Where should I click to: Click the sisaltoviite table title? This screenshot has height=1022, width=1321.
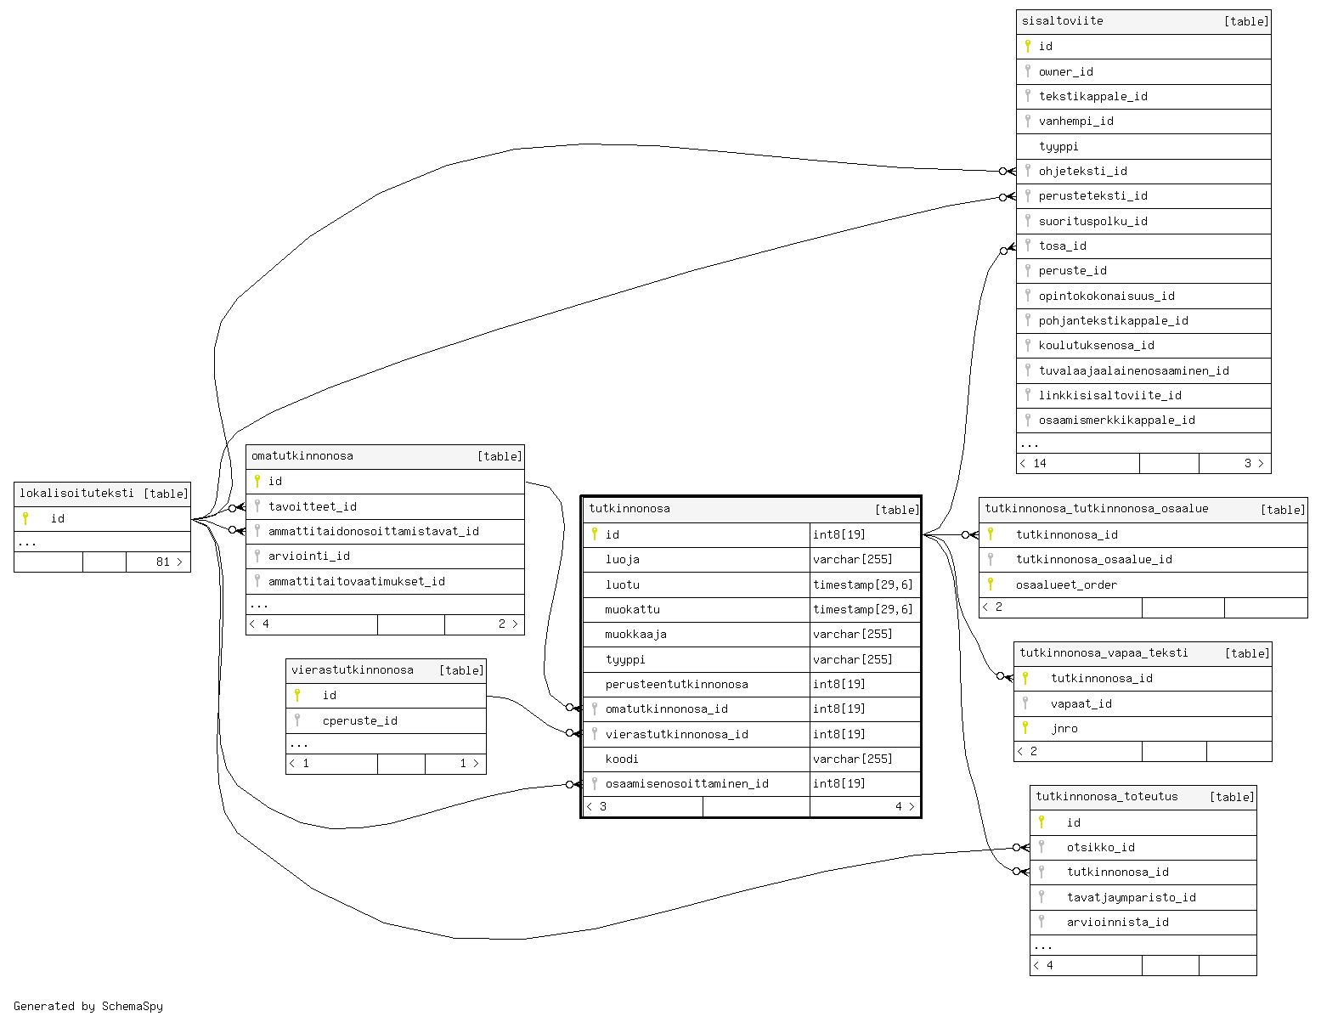1063,21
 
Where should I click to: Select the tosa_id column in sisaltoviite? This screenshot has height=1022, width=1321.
1062,246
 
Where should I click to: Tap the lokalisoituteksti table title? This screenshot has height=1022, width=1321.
76,493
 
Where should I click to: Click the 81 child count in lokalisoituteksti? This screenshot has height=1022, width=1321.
163,562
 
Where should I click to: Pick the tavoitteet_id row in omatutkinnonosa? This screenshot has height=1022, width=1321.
313,506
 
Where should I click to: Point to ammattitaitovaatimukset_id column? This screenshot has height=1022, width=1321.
357,581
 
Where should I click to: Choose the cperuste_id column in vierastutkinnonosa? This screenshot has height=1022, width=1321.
360,720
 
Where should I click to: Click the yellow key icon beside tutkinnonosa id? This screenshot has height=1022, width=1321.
595,534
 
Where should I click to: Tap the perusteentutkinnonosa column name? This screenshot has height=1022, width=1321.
676,684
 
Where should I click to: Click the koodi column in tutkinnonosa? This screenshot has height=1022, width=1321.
622,759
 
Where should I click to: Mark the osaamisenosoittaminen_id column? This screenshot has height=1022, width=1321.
686,783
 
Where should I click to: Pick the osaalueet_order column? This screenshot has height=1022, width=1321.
1066,584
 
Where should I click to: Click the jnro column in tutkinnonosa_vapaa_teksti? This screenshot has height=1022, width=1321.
1064,728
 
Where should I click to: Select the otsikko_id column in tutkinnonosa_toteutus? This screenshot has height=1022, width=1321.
1101,847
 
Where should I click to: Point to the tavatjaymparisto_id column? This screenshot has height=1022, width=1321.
1132,897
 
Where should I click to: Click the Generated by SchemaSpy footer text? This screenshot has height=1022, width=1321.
88,1006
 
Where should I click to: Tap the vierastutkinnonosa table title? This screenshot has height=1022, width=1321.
353,669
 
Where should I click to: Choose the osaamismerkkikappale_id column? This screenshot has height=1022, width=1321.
1116,420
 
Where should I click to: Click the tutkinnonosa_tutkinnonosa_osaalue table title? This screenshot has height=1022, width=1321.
1097,508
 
